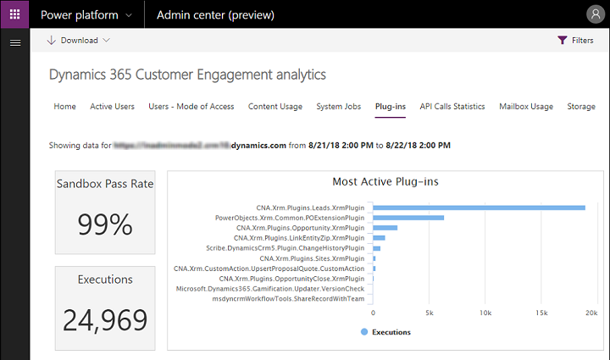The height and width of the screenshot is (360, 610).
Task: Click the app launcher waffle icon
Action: tap(14, 14)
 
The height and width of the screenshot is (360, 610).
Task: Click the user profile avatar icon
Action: tap(595, 14)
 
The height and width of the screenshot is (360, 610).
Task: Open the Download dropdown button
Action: tap(78, 40)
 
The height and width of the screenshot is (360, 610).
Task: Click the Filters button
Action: tap(575, 40)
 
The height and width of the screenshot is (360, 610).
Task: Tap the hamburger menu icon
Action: tap(14, 42)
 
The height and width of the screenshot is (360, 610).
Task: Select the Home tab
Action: tap(64, 107)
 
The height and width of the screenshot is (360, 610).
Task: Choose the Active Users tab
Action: tap(112, 107)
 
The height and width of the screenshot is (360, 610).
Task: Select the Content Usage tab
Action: tap(274, 107)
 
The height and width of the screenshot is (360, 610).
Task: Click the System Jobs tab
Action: tap(338, 107)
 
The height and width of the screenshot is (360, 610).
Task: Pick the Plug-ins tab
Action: tap(390, 107)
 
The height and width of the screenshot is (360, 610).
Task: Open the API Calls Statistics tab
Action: tap(452, 107)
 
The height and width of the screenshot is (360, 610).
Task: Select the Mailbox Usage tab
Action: tap(526, 107)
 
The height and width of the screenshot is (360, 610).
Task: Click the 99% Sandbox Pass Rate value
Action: tap(105, 224)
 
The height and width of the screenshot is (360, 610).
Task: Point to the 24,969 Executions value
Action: tap(105, 319)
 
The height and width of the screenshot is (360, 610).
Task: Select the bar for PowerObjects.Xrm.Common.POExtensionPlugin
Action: tap(408, 218)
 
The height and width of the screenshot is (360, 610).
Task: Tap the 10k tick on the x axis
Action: tap(485, 313)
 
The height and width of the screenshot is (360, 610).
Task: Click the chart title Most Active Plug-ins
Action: tap(385, 182)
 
